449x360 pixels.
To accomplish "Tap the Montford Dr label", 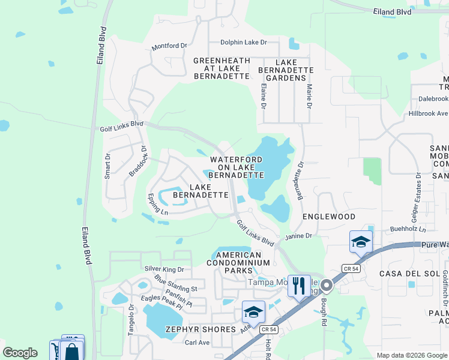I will pos(170,46).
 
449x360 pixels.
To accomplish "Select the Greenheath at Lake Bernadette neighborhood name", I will pos(221,68).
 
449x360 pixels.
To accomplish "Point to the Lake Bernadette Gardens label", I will pos(294,70).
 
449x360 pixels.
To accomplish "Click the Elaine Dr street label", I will pos(263,96).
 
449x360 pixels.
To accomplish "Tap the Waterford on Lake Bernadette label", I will pos(237,167).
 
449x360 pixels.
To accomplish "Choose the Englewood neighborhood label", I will pos(329,216).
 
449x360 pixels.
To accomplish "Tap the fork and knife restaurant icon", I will pos(298,284).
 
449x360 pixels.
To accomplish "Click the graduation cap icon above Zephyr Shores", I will pos(253,312).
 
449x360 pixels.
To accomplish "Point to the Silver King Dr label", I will pos(163,269).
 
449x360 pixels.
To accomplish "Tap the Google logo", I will pos(20,353).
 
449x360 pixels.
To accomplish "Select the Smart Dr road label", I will pos(107,166).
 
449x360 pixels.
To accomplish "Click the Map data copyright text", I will pos(411,355).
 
